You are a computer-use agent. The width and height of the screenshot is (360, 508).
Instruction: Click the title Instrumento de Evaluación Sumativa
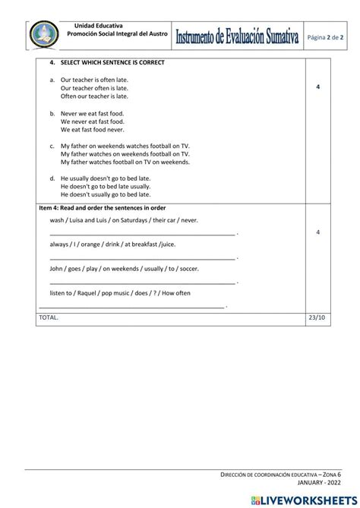point(237,36)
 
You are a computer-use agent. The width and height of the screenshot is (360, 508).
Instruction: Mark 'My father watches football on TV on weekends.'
point(125,162)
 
